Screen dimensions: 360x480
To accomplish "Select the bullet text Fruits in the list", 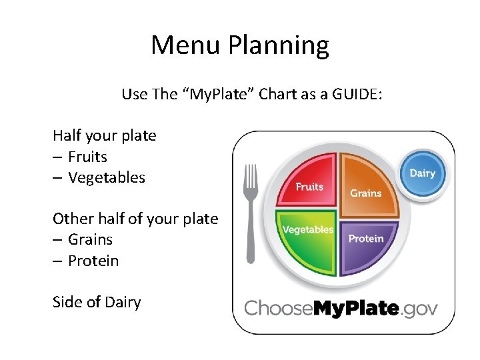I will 87,157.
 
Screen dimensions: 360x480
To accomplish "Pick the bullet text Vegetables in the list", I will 107,177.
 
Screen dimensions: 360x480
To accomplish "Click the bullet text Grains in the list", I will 90,239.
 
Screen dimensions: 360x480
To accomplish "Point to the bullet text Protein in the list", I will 93,261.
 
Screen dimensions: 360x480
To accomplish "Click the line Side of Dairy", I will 97,302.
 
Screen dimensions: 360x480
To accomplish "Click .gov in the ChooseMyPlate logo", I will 420,308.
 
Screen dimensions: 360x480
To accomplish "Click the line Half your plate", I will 105,135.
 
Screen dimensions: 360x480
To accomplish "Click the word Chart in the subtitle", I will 279,94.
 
